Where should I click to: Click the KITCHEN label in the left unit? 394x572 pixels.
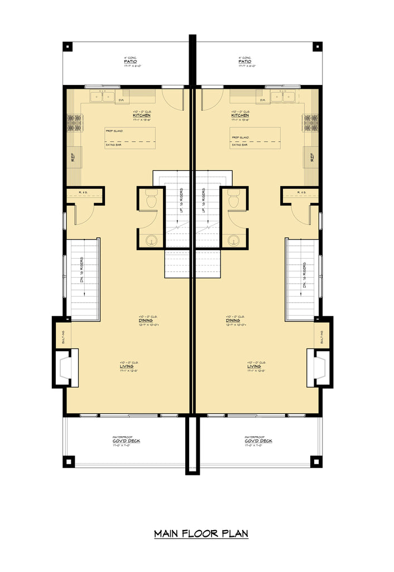click(142, 116)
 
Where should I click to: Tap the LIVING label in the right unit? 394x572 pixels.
click(256, 367)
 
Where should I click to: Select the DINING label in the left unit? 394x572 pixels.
click(147, 321)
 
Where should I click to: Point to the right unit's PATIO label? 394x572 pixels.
click(244, 61)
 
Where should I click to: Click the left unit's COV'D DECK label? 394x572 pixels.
click(126, 441)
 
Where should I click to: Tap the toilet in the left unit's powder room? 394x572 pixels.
click(151, 199)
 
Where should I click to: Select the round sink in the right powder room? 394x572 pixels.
click(234, 240)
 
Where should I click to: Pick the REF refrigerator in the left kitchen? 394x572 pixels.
click(73, 158)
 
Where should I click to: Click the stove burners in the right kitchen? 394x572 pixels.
click(311, 123)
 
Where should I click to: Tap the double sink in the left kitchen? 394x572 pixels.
click(102, 96)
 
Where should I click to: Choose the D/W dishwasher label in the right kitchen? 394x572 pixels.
click(262, 101)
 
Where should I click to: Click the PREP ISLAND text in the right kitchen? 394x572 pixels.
click(240, 136)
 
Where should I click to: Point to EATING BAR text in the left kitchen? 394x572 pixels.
click(114, 145)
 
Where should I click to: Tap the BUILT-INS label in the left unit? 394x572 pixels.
click(64, 337)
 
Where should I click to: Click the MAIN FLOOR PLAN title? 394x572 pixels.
click(201, 533)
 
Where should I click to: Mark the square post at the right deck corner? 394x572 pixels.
click(317, 461)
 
